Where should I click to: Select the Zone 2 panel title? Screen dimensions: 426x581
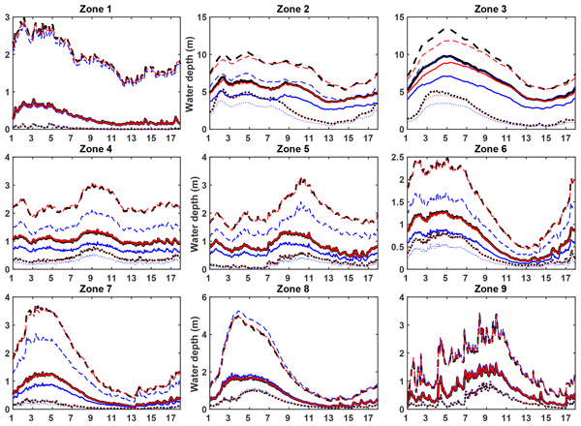[288, 9]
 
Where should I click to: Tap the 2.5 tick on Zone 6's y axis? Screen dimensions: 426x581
[385, 158]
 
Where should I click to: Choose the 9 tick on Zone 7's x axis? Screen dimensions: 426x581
[89, 418]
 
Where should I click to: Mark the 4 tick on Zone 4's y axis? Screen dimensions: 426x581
[5, 158]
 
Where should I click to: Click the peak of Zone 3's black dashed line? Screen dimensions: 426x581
[443, 28]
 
